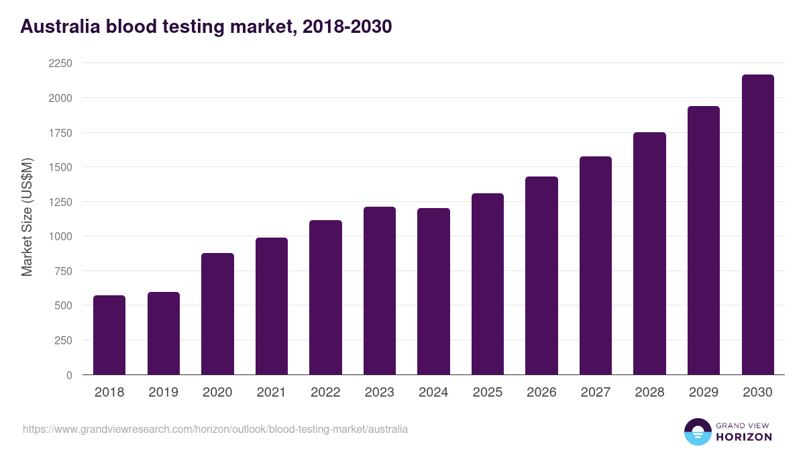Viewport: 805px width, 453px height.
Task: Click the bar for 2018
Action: coord(109,335)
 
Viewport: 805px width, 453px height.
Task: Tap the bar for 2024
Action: coord(433,291)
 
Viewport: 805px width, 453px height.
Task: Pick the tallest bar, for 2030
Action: coord(757,225)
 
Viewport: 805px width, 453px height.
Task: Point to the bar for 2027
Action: coord(596,266)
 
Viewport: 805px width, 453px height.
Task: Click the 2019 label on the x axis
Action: coord(164,393)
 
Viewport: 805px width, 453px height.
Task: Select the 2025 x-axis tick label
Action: coord(488,393)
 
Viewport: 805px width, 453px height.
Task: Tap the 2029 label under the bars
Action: coord(704,393)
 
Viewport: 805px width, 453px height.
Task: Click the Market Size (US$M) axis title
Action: coord(27,217)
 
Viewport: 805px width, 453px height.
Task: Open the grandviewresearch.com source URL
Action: coord(215,429)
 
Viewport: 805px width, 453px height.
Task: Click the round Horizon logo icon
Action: coord(697,432)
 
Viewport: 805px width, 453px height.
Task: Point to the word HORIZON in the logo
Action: coord(744,437)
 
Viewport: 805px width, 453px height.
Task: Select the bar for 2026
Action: coord(541,276)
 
